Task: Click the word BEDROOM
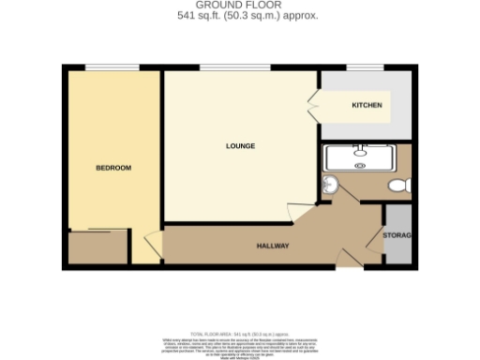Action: (x=113, y=168)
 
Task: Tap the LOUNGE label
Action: (x=240, y=146)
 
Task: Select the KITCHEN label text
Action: (x=367, y=105)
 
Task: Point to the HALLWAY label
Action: (x=273, y=247)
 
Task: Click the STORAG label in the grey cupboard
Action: (x=398, y=234)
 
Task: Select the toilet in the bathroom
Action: (x=399, y=186)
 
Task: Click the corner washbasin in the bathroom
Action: (x=331, y=185)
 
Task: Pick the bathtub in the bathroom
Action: (x=362, y=157)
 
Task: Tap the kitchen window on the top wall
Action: (x=360, y=67)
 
